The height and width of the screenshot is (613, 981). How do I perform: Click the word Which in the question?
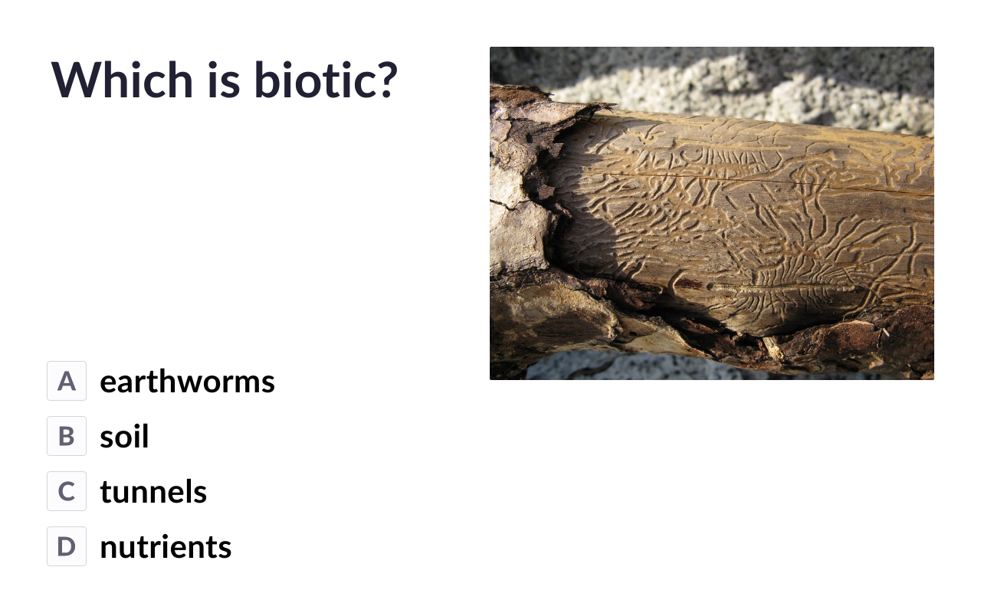122,80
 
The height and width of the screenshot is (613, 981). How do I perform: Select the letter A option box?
67,381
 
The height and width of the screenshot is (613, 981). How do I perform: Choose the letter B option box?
67,436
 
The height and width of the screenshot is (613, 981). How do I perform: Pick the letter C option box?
67,491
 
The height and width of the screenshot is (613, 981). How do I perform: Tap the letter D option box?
67,546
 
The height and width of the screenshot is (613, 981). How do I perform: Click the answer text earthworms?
188,382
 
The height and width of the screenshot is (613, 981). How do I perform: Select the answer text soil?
124,436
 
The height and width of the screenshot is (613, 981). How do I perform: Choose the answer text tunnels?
153,492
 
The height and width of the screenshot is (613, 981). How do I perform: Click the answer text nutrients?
166,547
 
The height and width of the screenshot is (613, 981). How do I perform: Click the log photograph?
712,213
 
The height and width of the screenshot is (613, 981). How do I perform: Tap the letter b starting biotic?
266,80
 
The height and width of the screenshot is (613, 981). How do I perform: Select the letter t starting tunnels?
107,492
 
